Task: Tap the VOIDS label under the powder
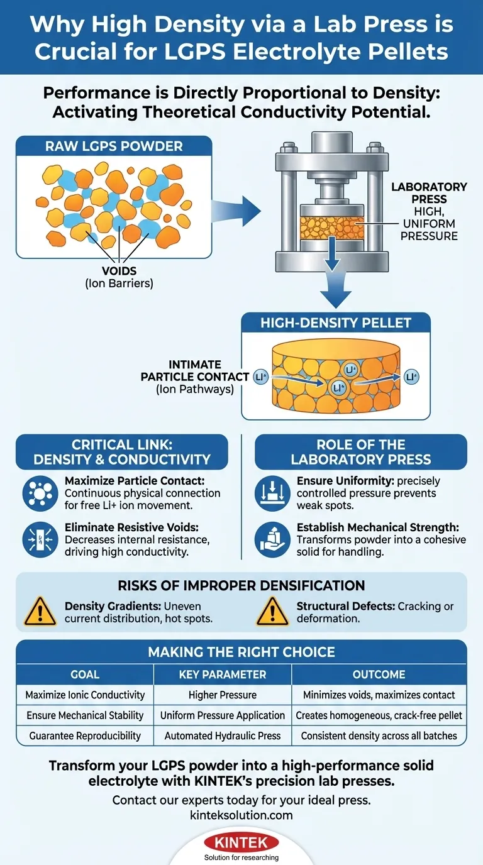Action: click(x=119, y=271)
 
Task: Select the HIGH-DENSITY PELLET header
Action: click(x=336, y=324)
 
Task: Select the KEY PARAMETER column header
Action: click(x=223, y=675)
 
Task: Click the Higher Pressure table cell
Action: click(x=223, y=695)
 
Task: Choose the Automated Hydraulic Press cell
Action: click(x=223, y=735)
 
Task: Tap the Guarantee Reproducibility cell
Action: click(x=85, y=735)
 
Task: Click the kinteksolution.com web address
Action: click(x=241, y=815)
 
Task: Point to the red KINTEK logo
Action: click(x=241, y=842)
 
